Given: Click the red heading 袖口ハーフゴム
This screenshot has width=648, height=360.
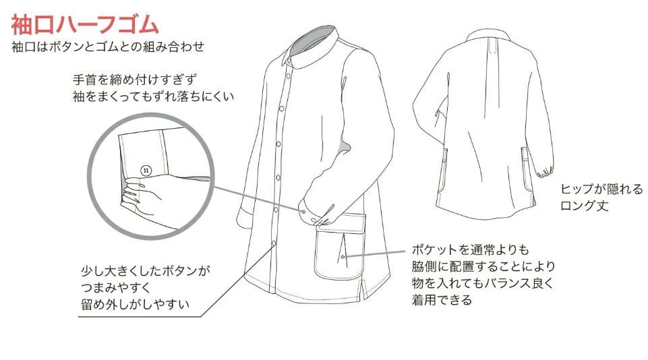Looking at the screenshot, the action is (85, 24).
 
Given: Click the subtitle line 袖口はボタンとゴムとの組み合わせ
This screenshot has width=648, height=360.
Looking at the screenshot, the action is (108, 47).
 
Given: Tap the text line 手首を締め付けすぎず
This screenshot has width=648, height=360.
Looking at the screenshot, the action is (135, 79).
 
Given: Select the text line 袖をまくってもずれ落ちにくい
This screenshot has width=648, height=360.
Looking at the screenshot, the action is (153, 96).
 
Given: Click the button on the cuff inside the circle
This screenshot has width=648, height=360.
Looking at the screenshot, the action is (146, 171).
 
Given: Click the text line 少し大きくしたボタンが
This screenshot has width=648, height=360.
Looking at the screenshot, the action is (145, 271).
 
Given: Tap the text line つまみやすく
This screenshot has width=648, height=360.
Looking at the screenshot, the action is (116, 288).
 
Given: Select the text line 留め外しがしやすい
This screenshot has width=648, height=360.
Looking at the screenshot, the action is (135, 305).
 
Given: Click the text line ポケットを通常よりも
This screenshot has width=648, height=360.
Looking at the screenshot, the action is (470, 249).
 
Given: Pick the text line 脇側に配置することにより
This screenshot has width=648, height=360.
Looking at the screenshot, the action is (483, 266).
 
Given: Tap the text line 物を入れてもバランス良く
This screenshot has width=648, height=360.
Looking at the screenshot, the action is (482, 283).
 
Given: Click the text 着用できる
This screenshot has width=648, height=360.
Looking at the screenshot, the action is (442, 299).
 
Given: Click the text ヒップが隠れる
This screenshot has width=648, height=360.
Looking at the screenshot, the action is (601, 189).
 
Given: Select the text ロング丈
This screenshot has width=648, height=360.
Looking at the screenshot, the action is (585, 206).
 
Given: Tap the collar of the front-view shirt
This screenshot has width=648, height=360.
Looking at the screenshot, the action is (311, 45).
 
